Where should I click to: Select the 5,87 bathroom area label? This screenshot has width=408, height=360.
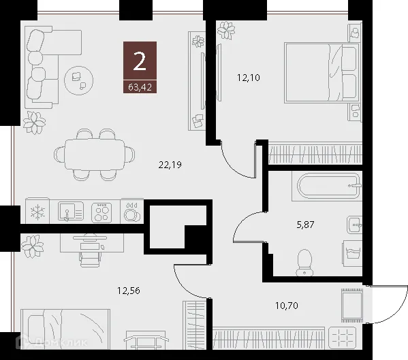pyautogui.click(x=314, y=224)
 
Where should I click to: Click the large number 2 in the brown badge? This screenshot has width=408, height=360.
pyautogui.click(x=140, y=62)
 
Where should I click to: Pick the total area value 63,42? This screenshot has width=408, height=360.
pyautogui.click(x=140, y=86)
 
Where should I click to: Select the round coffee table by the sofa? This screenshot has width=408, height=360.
pyautogui.click(x=78, y=80)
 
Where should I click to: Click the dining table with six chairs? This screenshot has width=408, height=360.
pyautogui.click(x=95, y=156)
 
